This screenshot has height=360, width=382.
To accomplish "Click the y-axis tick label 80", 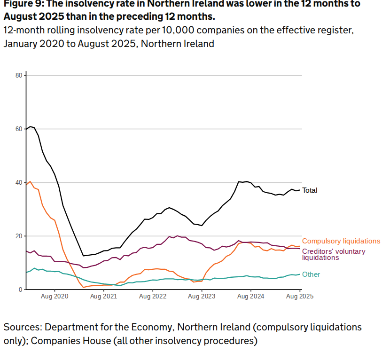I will [x=19, y=75].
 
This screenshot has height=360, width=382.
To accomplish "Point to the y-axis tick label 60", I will [x=19, y=129].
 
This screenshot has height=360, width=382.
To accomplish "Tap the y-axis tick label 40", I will [x=19, y=182].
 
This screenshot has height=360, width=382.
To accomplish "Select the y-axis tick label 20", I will [x=19, y=236].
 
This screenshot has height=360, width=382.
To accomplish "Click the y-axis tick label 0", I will [x=20, y=290].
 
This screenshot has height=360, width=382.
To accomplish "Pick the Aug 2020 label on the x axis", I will [x=55, y=297].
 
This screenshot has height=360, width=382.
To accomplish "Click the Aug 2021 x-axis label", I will [x=103, y=297].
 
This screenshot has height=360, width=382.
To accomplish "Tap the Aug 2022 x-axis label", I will [x=153, y=297].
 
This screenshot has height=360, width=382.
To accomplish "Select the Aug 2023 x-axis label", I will [x=202, y=297].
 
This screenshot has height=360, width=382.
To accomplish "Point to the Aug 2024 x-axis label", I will [x=250, y=297].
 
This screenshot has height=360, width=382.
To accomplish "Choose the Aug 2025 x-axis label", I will [x=300, y=297].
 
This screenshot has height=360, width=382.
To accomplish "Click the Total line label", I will [x=310, y=190].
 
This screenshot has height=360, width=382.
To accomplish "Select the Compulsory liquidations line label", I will [x=341, y=241].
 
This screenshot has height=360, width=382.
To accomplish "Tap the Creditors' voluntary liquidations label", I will [x=333, y=254].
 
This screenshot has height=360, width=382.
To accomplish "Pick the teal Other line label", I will [x=311, y=274].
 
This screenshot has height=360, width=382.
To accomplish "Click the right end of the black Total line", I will [x=299, y=190].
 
